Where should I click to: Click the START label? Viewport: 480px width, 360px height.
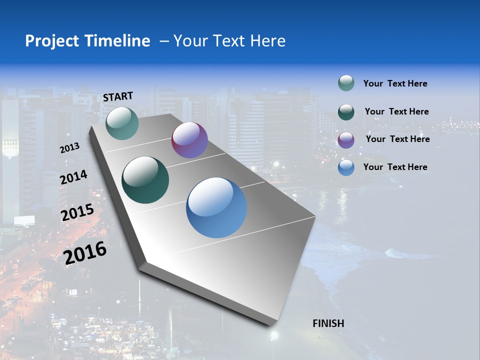(x=118, y=96)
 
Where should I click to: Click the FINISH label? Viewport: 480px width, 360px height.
(x=328, y=323)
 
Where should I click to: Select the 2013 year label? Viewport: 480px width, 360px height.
(x=70, y=148)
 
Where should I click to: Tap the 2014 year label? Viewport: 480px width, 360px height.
(x=74, y=177)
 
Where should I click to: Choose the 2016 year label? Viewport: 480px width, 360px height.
(x=85, y=253)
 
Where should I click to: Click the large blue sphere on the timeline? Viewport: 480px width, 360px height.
(x=216, y=207)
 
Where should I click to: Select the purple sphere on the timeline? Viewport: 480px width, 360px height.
(x=189, y=140)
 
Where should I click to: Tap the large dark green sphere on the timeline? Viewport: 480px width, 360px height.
(x=145, y=180)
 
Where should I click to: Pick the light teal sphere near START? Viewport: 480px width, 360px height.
(x=122, y=123)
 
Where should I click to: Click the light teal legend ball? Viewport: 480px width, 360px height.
(x=346, y=83)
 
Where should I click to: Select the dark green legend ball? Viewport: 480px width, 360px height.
(x=346, y=111)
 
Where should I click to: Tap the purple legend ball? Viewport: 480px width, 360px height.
(x=346, y=139)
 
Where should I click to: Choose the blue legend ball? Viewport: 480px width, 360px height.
(x=346, y=167)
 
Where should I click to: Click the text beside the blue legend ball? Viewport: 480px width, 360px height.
(x=395, y=167)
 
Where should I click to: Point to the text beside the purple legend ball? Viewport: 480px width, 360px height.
(x=397, y=139)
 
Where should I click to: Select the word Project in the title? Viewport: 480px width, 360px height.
(x=52, y=41)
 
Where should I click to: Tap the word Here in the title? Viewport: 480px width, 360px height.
(x=267, y=41)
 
